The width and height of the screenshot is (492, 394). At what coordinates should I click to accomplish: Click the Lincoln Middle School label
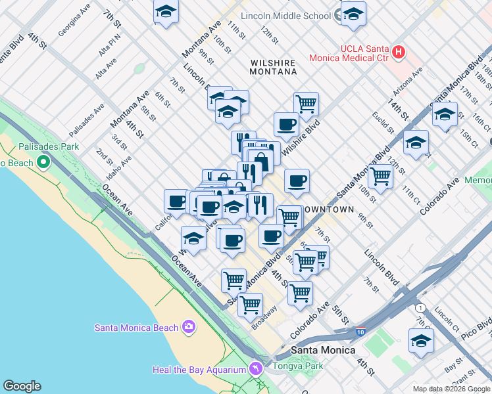click(x=285, y=15)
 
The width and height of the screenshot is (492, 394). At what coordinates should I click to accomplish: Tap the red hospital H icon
click(x=397, y=51)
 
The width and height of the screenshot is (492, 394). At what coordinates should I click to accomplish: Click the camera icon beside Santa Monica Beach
click(x=189, y=327)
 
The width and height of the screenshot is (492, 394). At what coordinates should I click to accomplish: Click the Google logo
click(x=22, y=386)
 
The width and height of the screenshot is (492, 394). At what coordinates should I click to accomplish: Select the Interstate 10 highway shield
click(x=359, y=332)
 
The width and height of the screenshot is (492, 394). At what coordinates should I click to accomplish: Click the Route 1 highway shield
click(x=420, y=307)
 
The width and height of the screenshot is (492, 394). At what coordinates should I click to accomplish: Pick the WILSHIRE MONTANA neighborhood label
click(x=273, y=69)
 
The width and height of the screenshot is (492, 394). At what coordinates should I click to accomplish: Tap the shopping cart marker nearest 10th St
click(x=380, y=175)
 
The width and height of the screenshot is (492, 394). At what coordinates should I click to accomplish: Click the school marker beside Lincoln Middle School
click(x=354, y=14)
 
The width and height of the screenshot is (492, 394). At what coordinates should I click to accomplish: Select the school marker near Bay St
click(x=421, y=340)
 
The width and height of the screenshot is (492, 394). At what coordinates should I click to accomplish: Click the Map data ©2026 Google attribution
click(x=451, y=389)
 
